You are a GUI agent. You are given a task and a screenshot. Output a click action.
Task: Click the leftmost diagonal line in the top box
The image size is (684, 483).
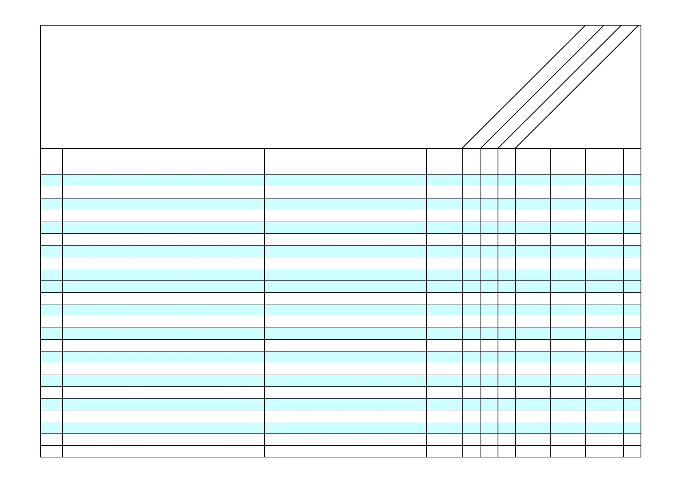click(524, 87)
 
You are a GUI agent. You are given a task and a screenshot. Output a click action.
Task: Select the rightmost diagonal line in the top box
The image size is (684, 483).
click(577, 87)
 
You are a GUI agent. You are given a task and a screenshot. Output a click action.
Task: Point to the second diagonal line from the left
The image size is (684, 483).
click(542, 87)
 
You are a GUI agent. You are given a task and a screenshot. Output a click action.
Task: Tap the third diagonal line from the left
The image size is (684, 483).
click(560, 87)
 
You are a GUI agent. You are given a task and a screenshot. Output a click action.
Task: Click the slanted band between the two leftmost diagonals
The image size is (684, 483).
click(533, 87)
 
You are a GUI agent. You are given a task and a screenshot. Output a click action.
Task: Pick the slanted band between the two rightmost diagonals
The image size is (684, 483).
click(569, 87)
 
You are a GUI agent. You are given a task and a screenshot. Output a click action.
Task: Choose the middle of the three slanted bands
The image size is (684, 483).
click(551, 87)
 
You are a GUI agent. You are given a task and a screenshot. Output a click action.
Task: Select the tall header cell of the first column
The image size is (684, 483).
click(52, 161)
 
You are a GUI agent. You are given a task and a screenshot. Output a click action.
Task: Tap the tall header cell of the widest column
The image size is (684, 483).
click(163, 161)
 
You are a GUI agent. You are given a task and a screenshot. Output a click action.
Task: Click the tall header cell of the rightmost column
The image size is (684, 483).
click(632, 161)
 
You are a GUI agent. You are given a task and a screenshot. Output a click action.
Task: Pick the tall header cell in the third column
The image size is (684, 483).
click(345, 161)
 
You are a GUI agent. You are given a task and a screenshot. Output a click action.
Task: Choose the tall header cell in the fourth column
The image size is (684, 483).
click(444, 161)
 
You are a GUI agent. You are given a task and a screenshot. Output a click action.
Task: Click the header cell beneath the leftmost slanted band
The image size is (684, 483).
click(471, 161)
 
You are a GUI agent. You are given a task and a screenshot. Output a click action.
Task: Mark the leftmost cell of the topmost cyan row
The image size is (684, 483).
click(52, 180)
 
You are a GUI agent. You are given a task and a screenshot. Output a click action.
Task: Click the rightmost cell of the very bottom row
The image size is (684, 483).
click(632, 451)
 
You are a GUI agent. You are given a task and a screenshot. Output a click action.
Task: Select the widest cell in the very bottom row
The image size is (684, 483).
click(163, 451)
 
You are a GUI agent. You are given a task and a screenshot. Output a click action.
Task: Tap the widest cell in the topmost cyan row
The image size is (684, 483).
click(163, 180)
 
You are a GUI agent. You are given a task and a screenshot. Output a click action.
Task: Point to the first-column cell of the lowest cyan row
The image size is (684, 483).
click(52, 428)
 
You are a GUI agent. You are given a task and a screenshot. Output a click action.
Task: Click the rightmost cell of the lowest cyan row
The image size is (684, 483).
click(632, 428)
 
